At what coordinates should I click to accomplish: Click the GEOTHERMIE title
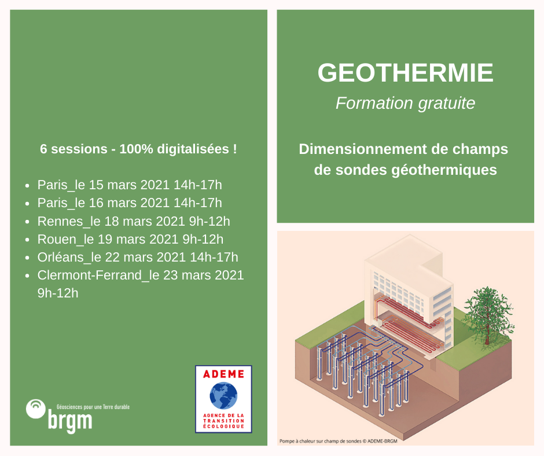click(405, 73)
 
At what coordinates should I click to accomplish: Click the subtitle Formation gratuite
click(405, 103)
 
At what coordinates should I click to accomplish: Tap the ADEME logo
click(223, 399)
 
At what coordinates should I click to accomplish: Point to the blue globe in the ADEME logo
click(223, 397)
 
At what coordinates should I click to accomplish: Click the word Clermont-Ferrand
click(90, 275)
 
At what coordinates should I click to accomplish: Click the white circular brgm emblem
click(36, 409)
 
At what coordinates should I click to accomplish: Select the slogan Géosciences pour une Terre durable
click(93, 407)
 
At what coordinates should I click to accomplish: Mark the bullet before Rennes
click(28, 222)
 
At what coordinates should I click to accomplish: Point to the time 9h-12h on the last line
click(58, 293)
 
